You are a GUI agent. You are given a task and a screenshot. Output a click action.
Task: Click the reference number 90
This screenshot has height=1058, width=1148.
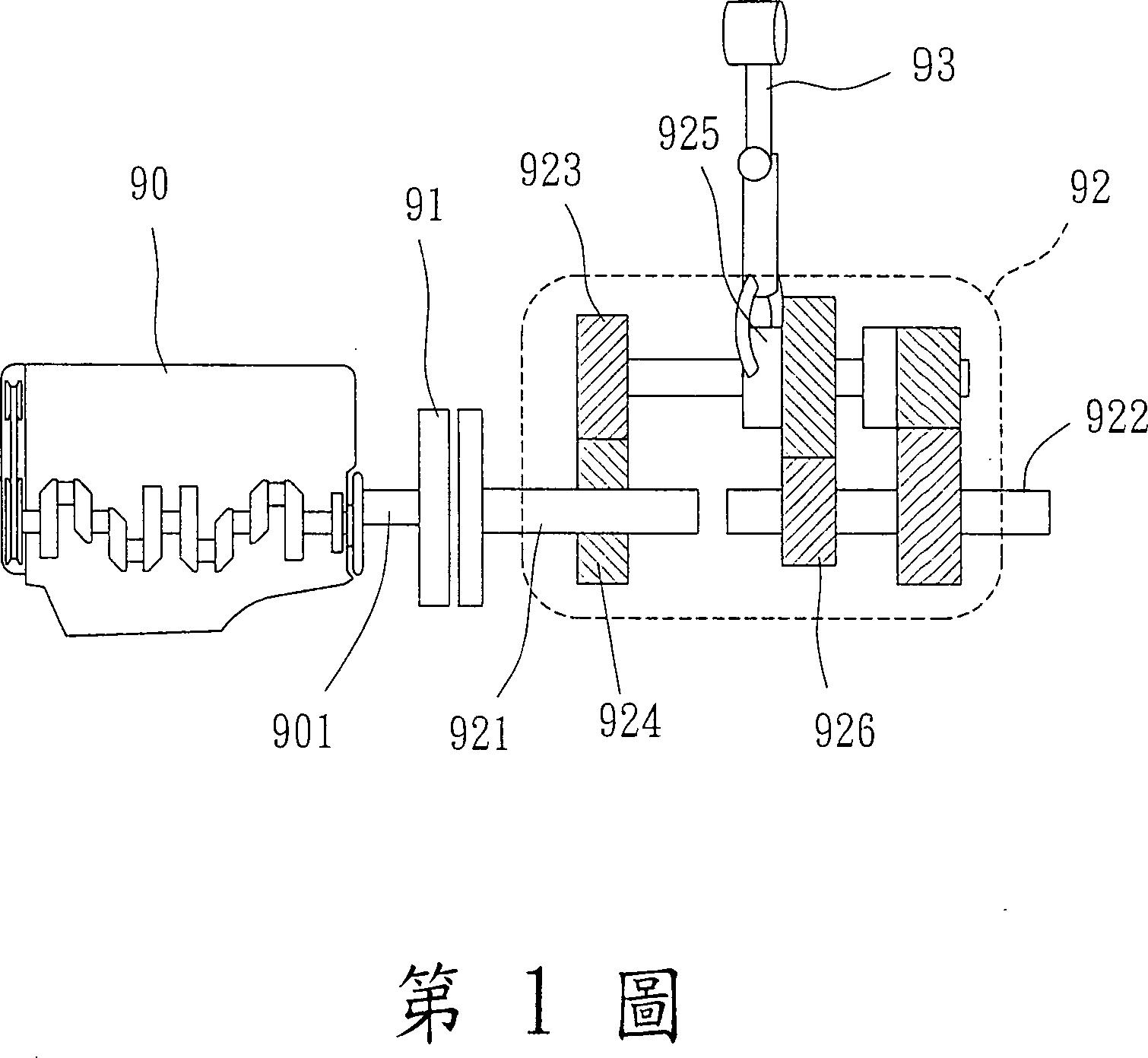click(x=149, y=185)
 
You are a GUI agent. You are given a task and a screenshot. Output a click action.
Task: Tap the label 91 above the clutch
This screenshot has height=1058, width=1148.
click(x=425, y=205)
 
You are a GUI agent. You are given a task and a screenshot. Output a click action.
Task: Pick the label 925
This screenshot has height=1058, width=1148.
click(x=689, y=135)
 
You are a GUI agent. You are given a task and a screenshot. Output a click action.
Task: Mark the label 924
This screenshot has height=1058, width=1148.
click(x=630, y=721)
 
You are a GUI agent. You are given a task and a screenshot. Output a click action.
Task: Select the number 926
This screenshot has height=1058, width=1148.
click(x=845, y=731)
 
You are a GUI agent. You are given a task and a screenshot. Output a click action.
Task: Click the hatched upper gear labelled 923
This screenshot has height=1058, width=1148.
click(x=603, y=377)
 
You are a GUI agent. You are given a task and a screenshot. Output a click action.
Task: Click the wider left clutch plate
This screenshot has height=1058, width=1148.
click(x=434, y=507)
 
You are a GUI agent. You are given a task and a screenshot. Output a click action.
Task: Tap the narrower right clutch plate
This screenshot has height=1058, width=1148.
click(x=471, y=507)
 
